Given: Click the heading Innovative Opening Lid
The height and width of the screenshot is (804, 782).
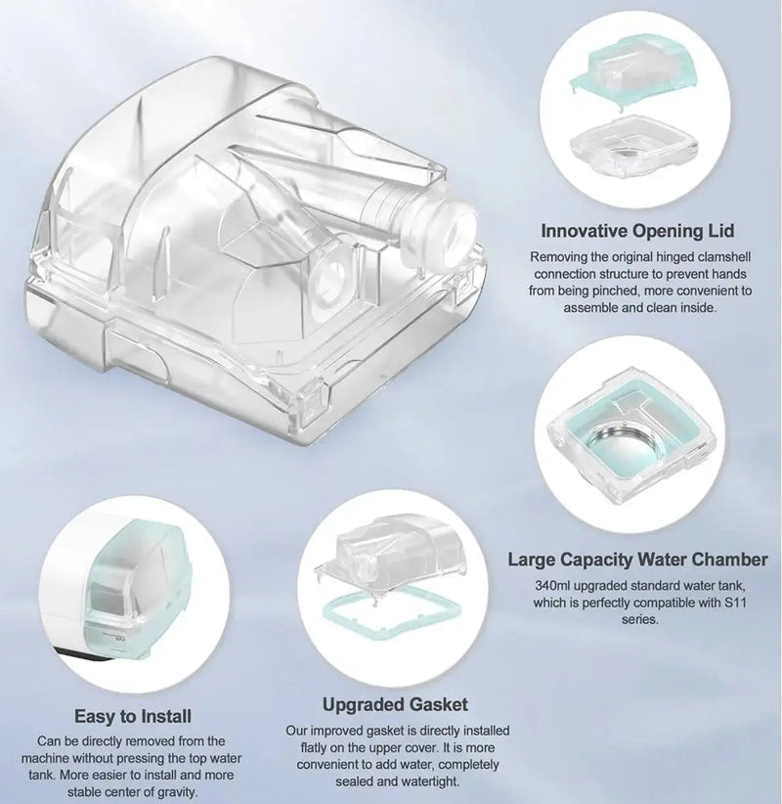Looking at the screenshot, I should (636, 232).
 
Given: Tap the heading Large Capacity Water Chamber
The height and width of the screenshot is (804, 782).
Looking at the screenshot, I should (637, 560).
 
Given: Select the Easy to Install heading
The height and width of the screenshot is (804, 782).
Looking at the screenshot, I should (132, 716).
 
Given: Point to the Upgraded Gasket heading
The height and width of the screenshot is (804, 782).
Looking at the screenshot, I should (396, 704).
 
